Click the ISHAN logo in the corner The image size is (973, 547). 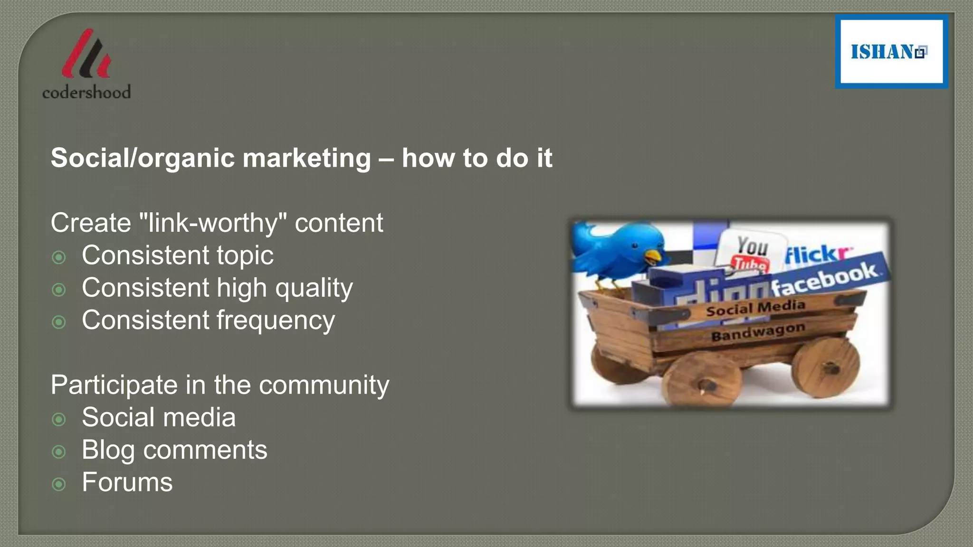tap(891, 51)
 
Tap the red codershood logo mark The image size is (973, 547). tap(86, 55)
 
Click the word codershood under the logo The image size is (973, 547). tap(86, 92)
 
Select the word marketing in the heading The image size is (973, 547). tap(306, 158)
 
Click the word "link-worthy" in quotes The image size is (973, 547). tap(213, 223)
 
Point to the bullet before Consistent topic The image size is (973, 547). tap(59, 257)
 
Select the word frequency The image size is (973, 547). tap(276, 321)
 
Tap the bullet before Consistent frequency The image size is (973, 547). tap(59, 322)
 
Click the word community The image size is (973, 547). tap(324, 385)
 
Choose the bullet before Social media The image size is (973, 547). tap(59, 419)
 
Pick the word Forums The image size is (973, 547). tap(127, 482)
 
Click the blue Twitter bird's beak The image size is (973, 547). tap(654, 258)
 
